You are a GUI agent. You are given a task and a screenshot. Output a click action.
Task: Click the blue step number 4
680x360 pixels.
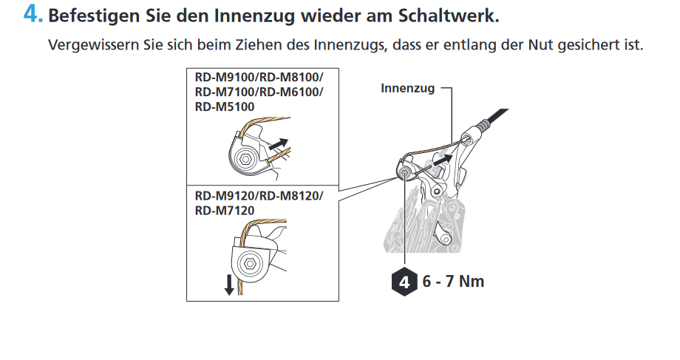[33, 15]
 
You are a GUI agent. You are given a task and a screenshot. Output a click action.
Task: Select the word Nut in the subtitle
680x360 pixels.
[541, 44]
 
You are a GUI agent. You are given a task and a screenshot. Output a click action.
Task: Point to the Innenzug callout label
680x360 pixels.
[408, 88]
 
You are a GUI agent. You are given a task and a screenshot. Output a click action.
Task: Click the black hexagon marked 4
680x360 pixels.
[404, 282]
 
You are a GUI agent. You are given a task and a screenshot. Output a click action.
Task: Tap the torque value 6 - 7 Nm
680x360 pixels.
[453, 282]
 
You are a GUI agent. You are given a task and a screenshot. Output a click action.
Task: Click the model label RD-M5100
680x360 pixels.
[225, 106]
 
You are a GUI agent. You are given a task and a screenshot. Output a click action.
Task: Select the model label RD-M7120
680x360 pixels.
[225, 211]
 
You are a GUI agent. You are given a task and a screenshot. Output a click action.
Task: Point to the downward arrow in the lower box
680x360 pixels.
[229, 285]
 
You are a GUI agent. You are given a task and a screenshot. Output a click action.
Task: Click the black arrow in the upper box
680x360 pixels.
[279, 144]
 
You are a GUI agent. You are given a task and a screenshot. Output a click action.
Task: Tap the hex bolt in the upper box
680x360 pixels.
[245, 159]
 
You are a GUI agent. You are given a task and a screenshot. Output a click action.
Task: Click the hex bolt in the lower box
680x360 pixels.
[249, 263]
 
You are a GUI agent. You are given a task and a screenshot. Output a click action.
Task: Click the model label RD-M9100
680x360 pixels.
[225, 77]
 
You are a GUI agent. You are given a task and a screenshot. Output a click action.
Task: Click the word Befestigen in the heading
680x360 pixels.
[94, 16]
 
